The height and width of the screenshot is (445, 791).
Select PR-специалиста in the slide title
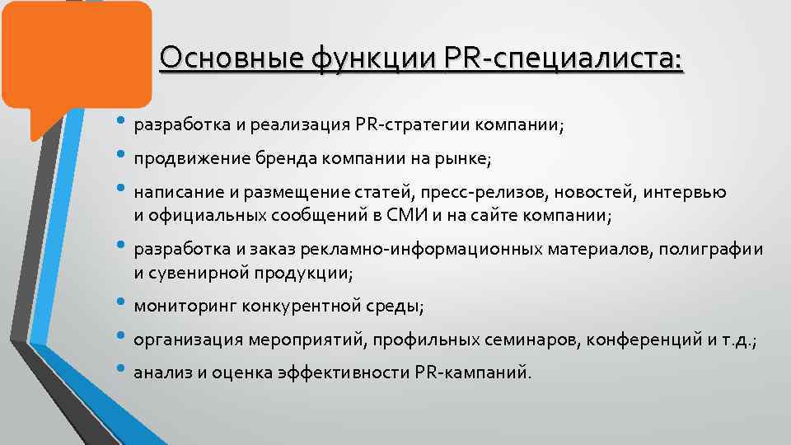coord(564,59)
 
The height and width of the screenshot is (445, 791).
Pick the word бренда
coord(272,159)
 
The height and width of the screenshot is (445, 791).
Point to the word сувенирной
coord(190,272)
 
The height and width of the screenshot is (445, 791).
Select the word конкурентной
coord(300,307)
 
